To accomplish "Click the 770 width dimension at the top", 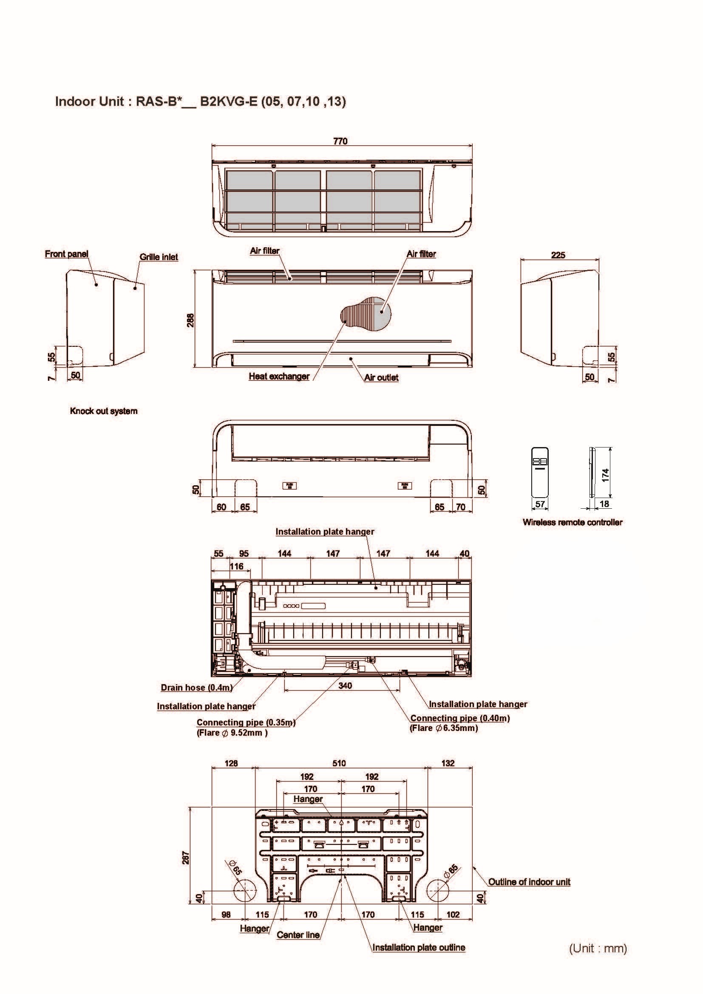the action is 340,141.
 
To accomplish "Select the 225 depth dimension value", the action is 558,255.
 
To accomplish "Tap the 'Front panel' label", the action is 67,254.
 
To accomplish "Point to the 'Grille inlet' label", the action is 159,257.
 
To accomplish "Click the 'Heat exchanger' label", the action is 279,376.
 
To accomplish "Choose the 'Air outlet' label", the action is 381,377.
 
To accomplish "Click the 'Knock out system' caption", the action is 103,411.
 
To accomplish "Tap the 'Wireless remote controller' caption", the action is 572,522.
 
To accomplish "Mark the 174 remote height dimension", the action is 606,475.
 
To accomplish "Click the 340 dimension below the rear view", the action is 345,685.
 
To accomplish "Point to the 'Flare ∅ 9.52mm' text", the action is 232,733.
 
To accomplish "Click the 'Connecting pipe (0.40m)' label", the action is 460,718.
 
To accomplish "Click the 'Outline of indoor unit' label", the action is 530,882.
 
